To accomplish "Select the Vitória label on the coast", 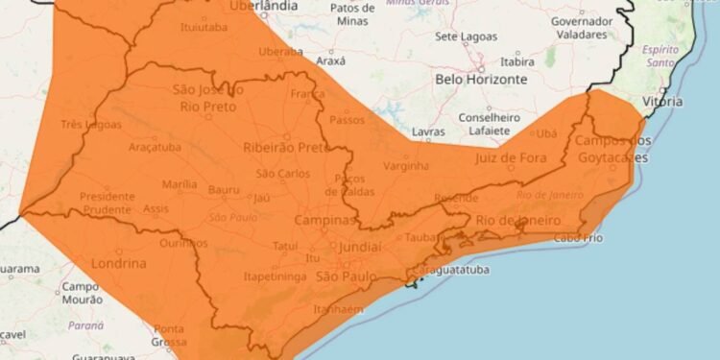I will (x=664, y=101).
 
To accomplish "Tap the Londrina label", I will (x=118, y=263).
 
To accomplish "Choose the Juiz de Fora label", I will (x=506, y=157).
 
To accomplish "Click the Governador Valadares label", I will (x=582, y=27).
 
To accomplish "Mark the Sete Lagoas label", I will (x=467, y=36).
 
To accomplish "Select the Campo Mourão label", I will (x=84, y=293).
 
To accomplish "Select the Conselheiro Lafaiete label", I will (x=490, y=124).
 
